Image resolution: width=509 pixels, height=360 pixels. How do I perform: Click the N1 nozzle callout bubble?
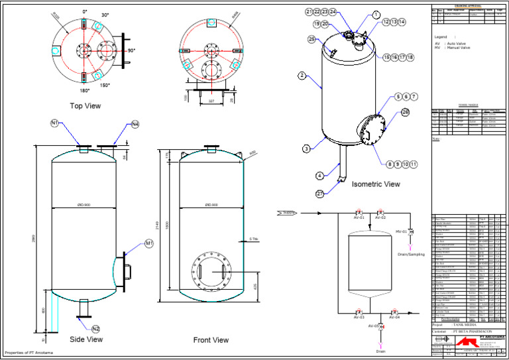[x=54, y=123]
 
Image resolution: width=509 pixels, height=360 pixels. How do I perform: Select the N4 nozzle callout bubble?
[x=135, y=124]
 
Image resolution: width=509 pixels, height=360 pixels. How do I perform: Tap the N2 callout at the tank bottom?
[x=95, y=329]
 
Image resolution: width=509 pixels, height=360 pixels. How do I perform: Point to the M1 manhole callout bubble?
[x=149, y=244]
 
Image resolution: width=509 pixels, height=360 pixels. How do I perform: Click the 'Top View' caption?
[x=85, y=105]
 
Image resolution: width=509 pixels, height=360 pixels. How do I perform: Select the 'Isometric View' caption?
[x=376, y=184]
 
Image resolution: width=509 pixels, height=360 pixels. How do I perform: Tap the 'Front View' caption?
[x=211, y=340]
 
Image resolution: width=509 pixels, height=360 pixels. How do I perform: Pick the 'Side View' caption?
[x=86, y=339]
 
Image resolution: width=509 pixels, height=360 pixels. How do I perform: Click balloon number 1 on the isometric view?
[x=376, y=15]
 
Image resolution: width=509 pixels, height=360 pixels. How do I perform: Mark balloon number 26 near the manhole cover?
[x=405, y=112]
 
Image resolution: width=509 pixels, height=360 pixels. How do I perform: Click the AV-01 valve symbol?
[x=359, y=211]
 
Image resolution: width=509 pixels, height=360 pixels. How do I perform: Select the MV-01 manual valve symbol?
[x=411, y=231]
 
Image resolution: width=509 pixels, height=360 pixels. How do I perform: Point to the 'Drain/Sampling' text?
[x=411, y=255]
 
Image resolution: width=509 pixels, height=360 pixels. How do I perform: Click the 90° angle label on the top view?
[x=131, y=50]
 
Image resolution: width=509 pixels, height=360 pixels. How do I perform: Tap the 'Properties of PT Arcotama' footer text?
[x=28, y=353]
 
